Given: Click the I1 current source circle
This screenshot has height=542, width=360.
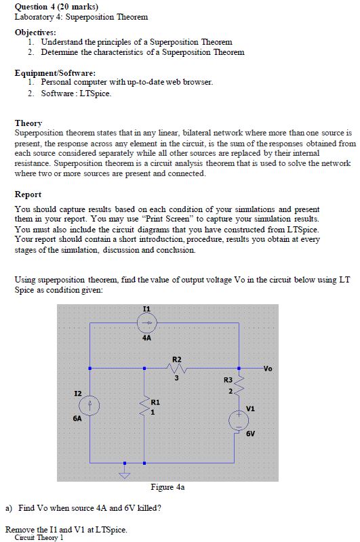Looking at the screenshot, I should [147, 322].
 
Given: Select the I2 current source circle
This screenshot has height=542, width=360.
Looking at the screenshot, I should [88, 405].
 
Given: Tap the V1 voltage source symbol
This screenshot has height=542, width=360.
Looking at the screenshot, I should [238, 420].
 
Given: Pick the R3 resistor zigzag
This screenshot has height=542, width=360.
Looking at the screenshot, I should [239, 388].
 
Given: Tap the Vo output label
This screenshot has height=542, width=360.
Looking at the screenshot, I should [268, 369].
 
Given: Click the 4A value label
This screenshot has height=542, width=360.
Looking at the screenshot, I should [147, 337].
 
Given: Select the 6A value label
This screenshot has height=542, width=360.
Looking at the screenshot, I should [77, 419].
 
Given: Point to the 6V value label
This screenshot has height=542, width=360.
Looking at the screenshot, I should [250, 434].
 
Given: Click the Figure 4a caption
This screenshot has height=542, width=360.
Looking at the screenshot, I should [167, 486].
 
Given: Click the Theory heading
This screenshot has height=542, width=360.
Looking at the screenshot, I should [28, 123].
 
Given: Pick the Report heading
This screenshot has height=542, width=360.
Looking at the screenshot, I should [28, 194].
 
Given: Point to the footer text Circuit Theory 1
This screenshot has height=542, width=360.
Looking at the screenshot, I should [43, 537].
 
